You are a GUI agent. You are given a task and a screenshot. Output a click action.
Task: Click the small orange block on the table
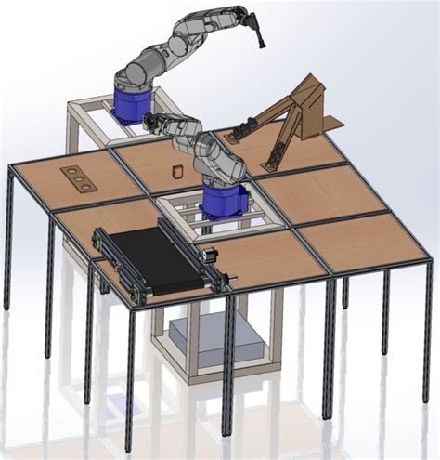click(175, 171)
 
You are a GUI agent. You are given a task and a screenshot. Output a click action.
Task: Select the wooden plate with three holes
click(78, 177)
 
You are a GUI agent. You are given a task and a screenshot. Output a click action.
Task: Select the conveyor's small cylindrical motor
click(211, 253)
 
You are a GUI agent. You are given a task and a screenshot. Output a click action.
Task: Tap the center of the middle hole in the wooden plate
click(79, 177)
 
